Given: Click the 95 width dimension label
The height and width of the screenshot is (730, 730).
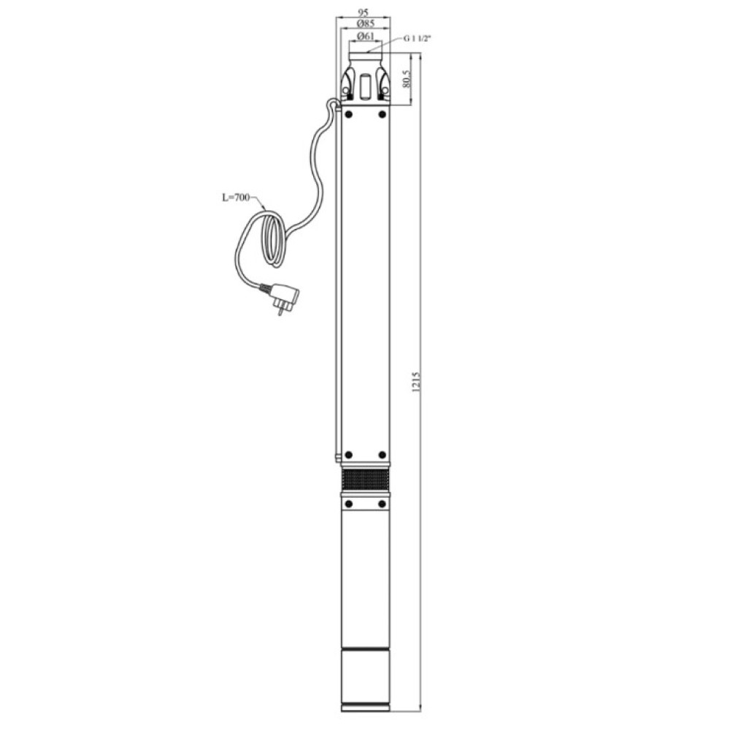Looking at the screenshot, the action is (x=363, y=12).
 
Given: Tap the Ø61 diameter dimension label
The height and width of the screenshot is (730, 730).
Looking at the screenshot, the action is (x=366, y=36).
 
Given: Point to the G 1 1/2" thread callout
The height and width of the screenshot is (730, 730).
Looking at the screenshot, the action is (x=417, y=39).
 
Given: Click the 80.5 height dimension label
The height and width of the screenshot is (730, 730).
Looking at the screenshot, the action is (x=406, y=79).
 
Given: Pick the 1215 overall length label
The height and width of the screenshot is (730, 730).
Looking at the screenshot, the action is (x=416, y=382).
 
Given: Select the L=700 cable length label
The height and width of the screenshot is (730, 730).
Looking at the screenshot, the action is (x=236, y=197).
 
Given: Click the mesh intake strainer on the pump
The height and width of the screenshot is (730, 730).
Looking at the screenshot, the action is (x=366, y=480).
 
